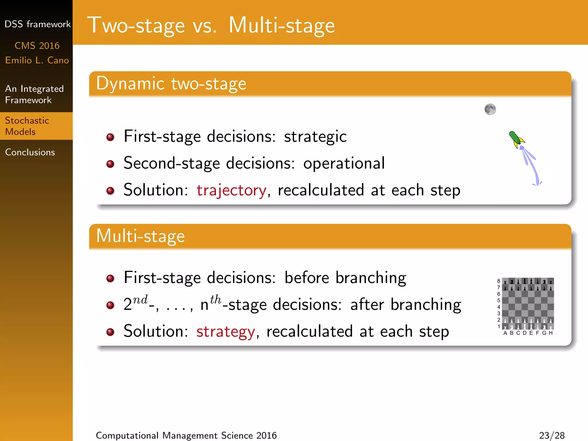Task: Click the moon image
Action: point(490,109)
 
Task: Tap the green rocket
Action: point(516,140)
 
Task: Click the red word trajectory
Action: point(231,190)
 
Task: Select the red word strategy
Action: point(226,331)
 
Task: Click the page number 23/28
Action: point(552,435)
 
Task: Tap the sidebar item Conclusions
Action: point(30,152)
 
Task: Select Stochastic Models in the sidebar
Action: point(27,126)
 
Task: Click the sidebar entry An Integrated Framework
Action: point(34,94)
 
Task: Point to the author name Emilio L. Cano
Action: point(37,60)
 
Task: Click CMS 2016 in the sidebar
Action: point(37,46)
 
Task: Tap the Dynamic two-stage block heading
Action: point(171,84)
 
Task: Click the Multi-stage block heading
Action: point(140,236)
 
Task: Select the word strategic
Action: point(315,136)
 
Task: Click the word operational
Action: point(344,163)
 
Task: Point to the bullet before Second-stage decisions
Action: point(110,164)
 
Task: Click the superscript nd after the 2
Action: point(140,299)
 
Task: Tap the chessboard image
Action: point(528,303)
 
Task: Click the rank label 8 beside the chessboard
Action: point(499,281)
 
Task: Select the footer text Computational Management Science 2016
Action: point(186,435)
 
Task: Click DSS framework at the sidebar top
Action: point(37,24)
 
